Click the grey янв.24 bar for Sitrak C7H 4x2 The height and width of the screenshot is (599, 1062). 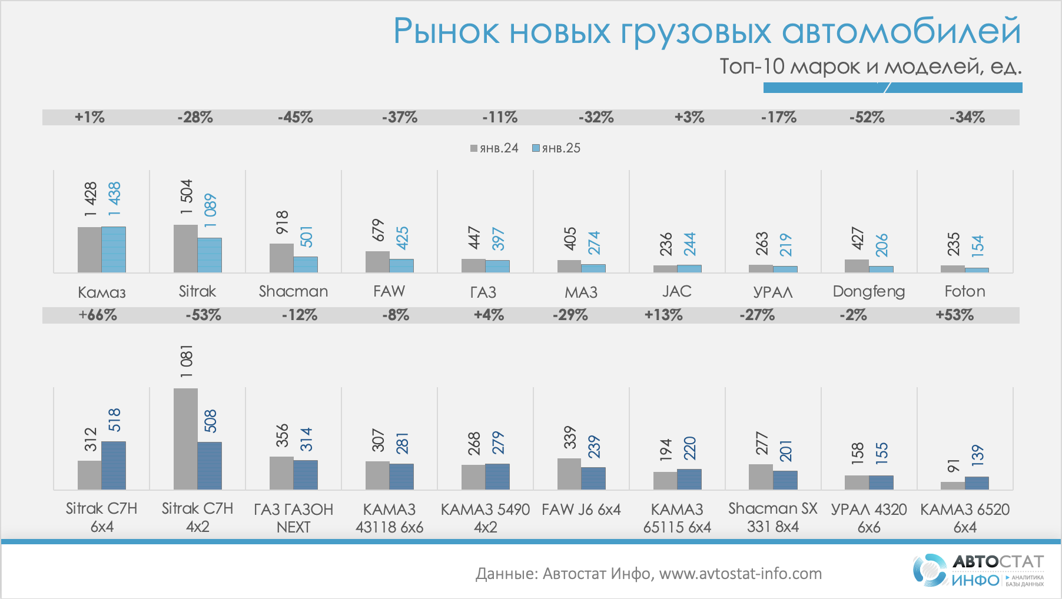point(185,439)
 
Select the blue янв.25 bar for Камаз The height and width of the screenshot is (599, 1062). point(114,249)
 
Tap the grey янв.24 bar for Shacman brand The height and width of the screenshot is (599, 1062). point(281,258)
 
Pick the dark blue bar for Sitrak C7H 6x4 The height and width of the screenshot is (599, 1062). point(114,465)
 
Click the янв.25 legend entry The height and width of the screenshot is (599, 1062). point(556,148)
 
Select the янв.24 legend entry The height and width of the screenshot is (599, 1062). point(494,148)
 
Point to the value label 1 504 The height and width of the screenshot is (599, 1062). point(187,197)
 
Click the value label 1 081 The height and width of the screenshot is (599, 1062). point(187,361)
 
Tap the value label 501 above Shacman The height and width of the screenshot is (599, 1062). point(307,237)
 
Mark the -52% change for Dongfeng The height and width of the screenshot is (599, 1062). point(867,117)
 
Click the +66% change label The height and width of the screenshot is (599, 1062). point(98,315)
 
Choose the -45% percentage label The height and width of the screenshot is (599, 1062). point(296,117)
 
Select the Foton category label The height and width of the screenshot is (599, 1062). point(964,291)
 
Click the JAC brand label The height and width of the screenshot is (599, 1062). point(676,291)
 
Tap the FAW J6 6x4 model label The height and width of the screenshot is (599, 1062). point(581,510)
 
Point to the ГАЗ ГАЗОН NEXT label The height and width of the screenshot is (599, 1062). point(293,518)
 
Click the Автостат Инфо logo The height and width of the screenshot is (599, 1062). point(978,570)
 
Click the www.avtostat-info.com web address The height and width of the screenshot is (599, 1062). point(740,574)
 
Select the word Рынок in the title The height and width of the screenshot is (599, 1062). point(446,31)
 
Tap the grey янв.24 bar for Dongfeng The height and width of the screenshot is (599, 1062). point(857,266)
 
